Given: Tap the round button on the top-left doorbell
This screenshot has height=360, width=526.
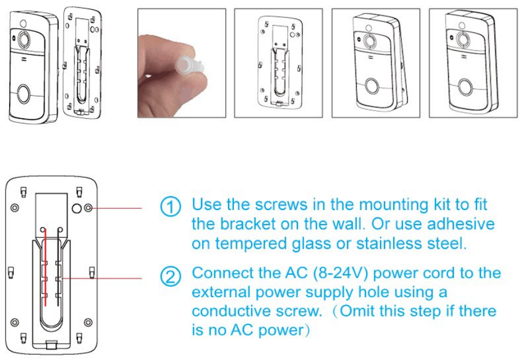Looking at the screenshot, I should point(24,93).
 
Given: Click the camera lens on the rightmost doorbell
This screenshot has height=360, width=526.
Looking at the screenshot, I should point(461,39).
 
